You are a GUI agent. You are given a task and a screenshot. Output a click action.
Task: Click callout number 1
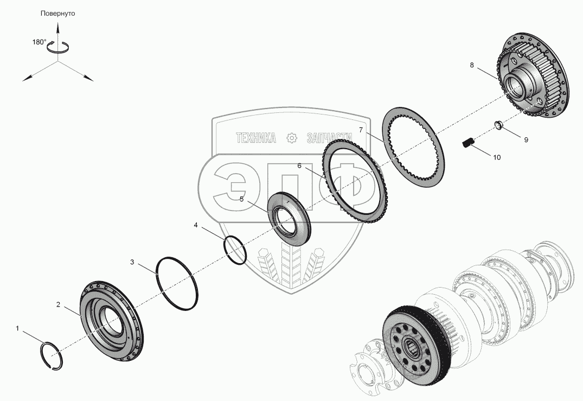(17, 328)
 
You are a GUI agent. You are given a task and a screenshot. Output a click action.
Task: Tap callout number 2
(58, 304)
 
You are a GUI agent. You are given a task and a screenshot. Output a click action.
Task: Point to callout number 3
(132, 262)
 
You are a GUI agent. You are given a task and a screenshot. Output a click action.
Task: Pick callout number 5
(241, 199)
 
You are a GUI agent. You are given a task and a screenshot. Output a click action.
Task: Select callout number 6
(299, 166)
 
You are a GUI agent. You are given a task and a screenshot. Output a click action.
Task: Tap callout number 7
(361, 130)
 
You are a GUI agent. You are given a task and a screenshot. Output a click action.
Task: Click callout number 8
(472, 65)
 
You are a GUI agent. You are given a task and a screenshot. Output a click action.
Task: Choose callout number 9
(526, 139)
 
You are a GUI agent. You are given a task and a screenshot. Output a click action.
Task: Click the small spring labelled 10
(468, 143)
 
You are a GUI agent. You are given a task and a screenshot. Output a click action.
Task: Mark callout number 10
(497, 157)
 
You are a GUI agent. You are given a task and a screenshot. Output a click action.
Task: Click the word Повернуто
(57, 14)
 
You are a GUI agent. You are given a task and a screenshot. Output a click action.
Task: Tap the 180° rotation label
(39, 42)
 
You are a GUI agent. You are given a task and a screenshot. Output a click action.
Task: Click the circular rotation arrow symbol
(57, 47)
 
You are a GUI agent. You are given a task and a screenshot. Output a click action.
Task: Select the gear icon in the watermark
(292, 138)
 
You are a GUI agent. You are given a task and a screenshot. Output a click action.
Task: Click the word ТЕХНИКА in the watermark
(256, 138)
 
